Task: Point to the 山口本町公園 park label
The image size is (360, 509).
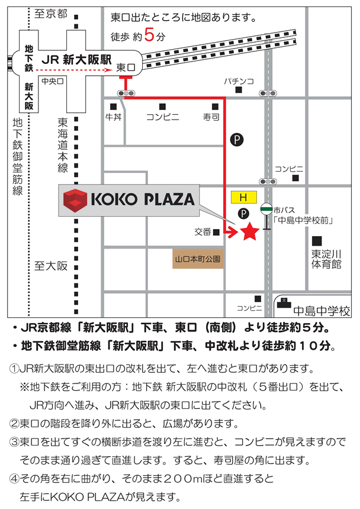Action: pyautogui.click(x=198, y=259)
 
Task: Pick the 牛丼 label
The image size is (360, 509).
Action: pyautogui.click(x=113, y=117)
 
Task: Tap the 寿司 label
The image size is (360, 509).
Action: pyautogui.click(x=211, y=117)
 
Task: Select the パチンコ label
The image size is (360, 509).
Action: pyautogui.click(x=239, y=80)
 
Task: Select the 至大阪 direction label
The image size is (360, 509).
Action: pyautogui.click(x=51, y=266)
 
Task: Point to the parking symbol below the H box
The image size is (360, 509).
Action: pyautogui.click(x=242, y=213)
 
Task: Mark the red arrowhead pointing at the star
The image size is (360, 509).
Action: pyautogui.click(x=232, y=233)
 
